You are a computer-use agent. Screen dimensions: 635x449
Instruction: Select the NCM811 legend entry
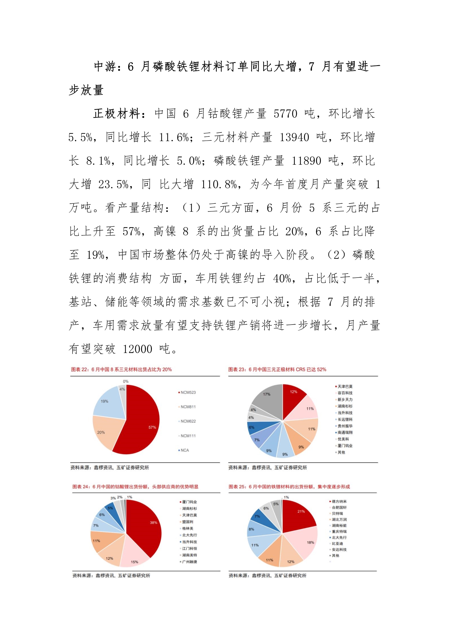[188, 407]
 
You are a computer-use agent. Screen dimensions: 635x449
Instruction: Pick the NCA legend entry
[184, 450]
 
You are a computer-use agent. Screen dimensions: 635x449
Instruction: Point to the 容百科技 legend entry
[345, 393]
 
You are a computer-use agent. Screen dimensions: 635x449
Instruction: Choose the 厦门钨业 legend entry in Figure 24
[189, 502]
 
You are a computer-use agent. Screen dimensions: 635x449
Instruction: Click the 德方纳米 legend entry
[339, 501]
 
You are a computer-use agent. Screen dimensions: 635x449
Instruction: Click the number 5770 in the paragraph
[285, 114]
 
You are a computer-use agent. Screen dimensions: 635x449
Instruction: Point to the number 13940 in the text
[294, 137]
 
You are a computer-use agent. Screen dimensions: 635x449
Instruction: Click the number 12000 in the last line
[137, 349]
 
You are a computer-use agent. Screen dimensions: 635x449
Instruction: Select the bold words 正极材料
[117, 114]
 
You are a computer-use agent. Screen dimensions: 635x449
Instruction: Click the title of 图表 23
[277, 369]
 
